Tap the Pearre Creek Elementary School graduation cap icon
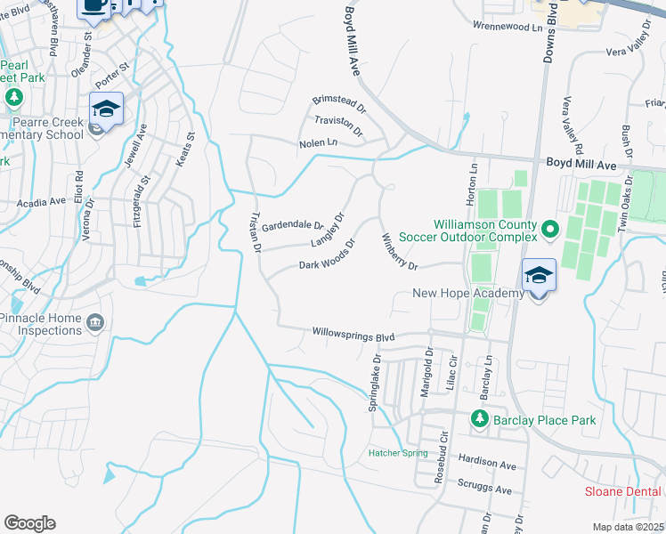pos(105,110)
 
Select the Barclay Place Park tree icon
pos(479,419)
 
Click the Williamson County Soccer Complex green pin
pos(549,230)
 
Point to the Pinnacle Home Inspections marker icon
pos(96,321)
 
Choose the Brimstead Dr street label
pos(339,105)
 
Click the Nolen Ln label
pos(319,142)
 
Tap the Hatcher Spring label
pos(398,453)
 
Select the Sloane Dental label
pos(622,491)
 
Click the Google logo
pos(29,523)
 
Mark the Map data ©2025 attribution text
pos(629,527)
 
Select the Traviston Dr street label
pos(338,125)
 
